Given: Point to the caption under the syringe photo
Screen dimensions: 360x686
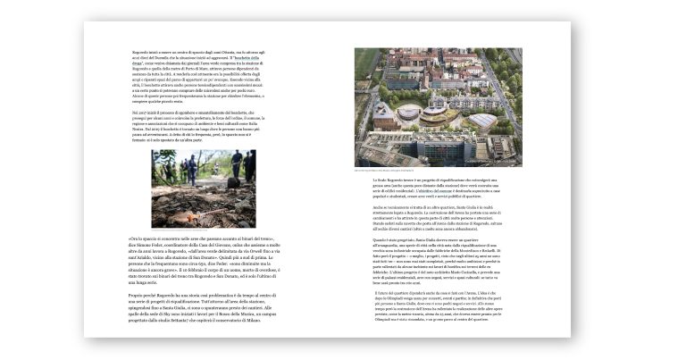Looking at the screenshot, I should (204, 230).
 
